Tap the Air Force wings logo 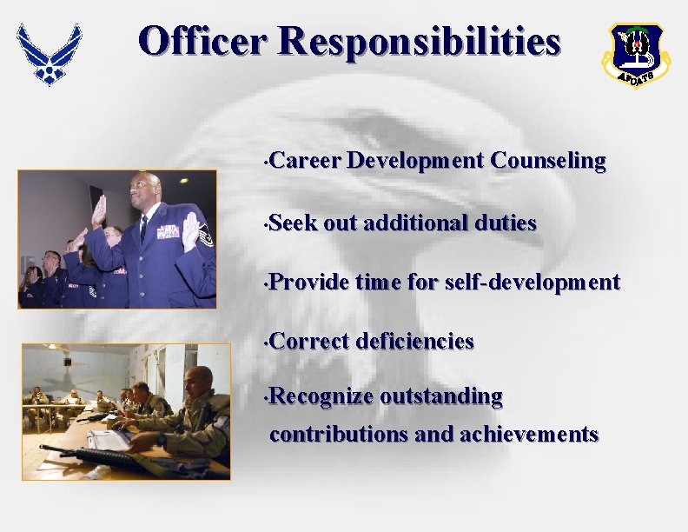(x=50, y=54)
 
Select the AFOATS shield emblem (x=636, y=56)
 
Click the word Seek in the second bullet (x=294, y=223)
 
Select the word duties (x=505, y=223)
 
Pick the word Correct (x=310, y=342)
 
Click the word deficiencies (x=414, y=342)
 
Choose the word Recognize (x=322, y=397)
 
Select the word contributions (x=340, y=433)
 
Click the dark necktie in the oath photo (x=143, y=229)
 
